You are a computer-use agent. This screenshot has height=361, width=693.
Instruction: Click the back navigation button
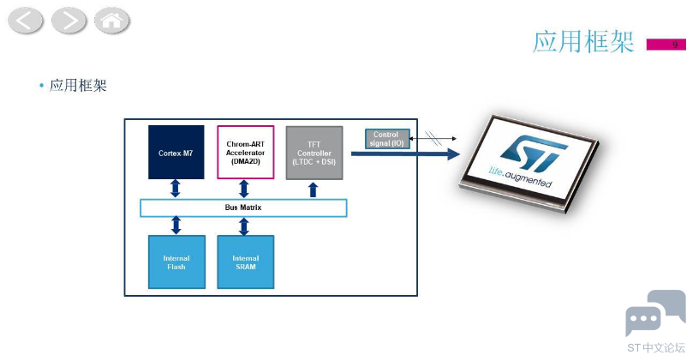[25, 21]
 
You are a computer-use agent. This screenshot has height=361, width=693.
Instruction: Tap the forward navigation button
[69, 21]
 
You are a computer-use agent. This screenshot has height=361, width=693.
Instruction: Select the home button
[112, 21]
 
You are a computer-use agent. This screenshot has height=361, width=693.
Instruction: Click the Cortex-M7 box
[176, 152]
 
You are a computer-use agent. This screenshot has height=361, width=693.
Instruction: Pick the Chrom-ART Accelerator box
[245, 152]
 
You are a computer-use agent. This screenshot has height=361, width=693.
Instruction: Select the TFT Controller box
[314, 153]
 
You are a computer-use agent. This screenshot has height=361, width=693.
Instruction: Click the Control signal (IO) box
[387, 138]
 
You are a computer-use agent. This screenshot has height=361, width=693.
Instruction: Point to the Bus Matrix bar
[243, 208]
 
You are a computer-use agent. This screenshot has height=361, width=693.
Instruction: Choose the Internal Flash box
[176, 262]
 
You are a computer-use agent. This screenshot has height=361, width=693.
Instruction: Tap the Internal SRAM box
[245, 262]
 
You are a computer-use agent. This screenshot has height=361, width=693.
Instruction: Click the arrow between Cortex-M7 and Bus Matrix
[176, 189]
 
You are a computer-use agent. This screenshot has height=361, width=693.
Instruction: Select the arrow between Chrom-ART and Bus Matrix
[244, 189]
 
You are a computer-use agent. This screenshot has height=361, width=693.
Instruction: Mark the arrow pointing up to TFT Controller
[313, 190]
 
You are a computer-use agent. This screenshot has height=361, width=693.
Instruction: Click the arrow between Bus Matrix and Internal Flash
[176, 226]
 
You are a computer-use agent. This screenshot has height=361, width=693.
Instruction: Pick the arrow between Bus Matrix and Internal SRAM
[244, 226]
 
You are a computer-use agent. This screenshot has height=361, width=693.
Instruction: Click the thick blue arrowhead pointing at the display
[453, 154]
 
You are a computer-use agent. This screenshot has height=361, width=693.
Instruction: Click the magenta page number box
[666, 45]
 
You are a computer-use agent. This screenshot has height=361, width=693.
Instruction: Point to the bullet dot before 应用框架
[41, 85]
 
